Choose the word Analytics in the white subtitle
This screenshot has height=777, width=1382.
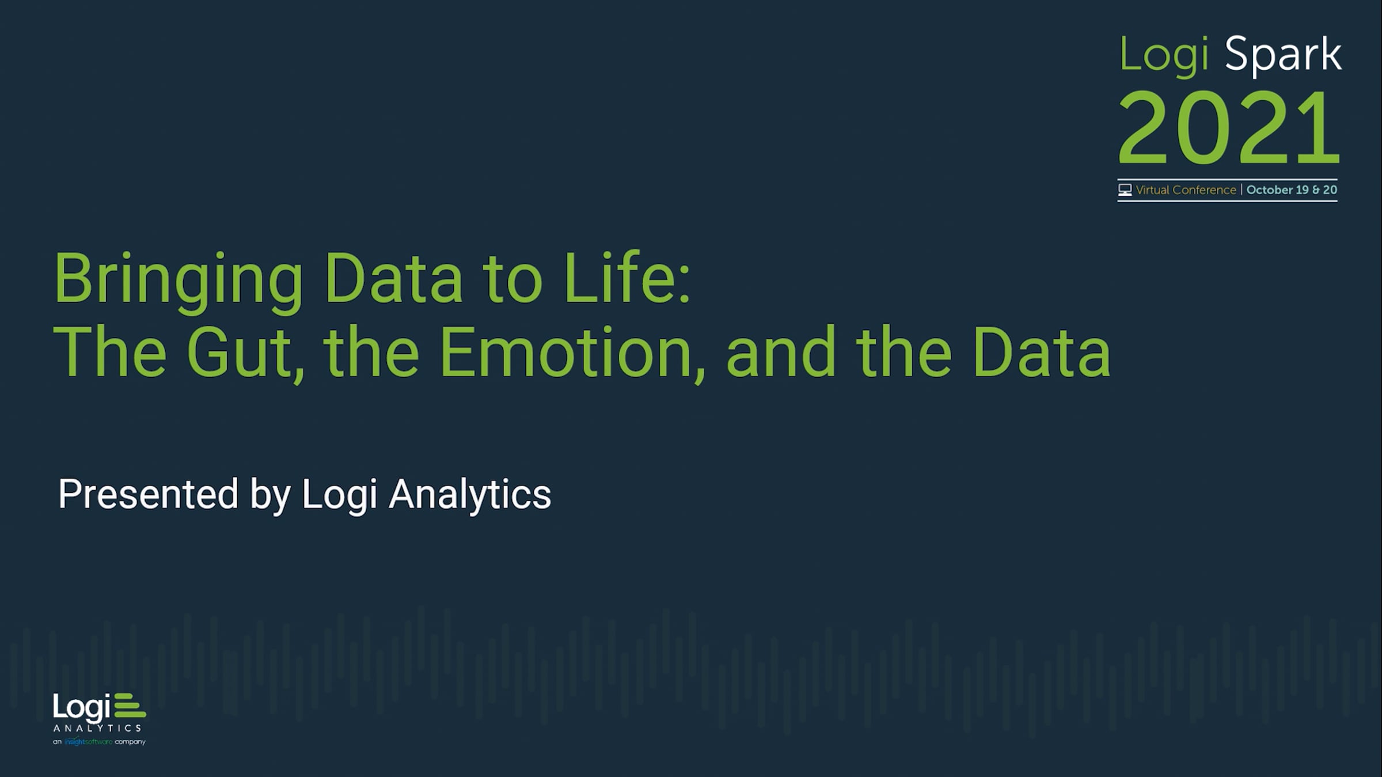tap(470, 495)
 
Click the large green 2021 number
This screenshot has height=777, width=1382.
tap(1229, 128)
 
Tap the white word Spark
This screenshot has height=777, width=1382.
tap(1282, 56)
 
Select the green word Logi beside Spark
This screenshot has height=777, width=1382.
tap(1164, 56)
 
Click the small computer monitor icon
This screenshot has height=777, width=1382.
tap(1125, 189)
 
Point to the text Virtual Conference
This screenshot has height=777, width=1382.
tap(1186, 190)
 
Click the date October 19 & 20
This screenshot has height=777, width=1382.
tap(1292, 190)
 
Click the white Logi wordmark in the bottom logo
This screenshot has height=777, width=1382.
tap(82, 707)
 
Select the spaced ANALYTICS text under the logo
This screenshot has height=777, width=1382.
tap(97, 728)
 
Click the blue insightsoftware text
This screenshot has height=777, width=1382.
tap(88, 742)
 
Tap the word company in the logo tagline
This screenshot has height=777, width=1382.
tap(130, 742)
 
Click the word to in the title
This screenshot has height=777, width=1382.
tap(512, 281)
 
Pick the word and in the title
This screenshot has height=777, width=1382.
tap(781, 352)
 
